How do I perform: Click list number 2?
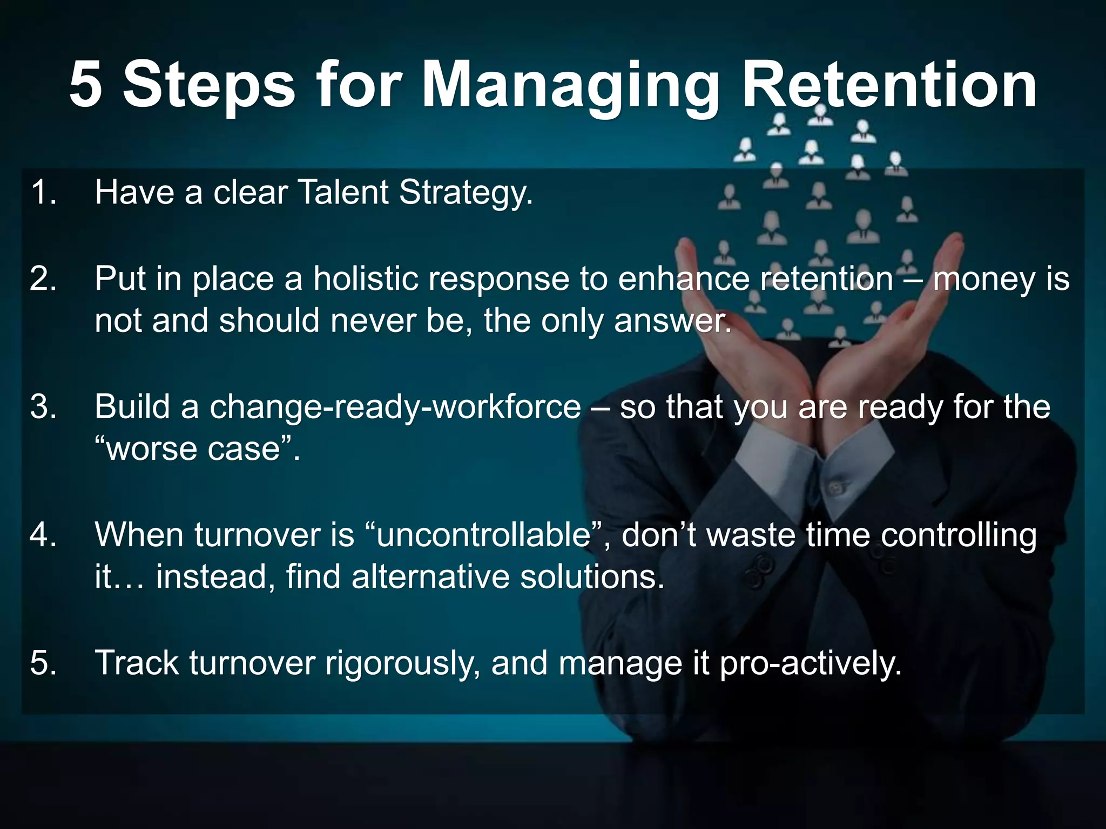pos(43,280)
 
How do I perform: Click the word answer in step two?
pos(672,322)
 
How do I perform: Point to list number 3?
pos(43,407)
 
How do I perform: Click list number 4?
pos(43,535)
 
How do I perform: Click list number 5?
pos(43,663)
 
